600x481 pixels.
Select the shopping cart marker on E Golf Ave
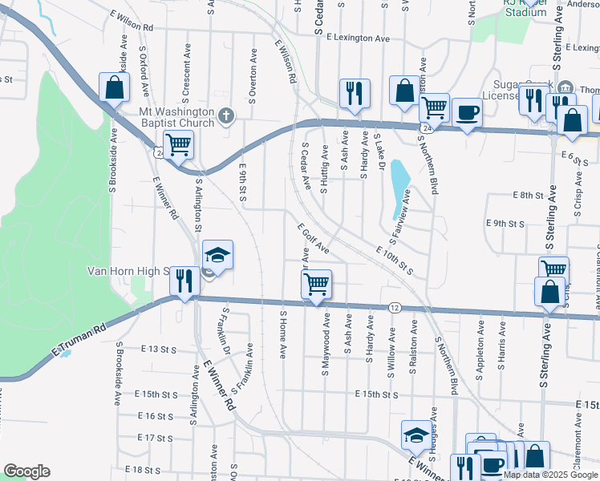click(317, 284)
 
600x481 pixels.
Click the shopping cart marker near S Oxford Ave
click(178, 145)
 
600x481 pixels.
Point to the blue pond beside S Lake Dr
click(398, 190)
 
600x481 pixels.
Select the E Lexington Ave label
click(359, 38)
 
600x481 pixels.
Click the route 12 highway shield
click(395, 307)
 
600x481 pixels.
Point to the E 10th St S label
click(394, 261)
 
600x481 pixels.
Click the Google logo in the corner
click(26, 471)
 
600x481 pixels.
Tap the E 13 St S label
click(157, 350)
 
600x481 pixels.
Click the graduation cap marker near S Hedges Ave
click(416, 434)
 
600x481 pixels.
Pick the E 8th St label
click(529, 196)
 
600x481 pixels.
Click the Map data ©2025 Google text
click(550, 475)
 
